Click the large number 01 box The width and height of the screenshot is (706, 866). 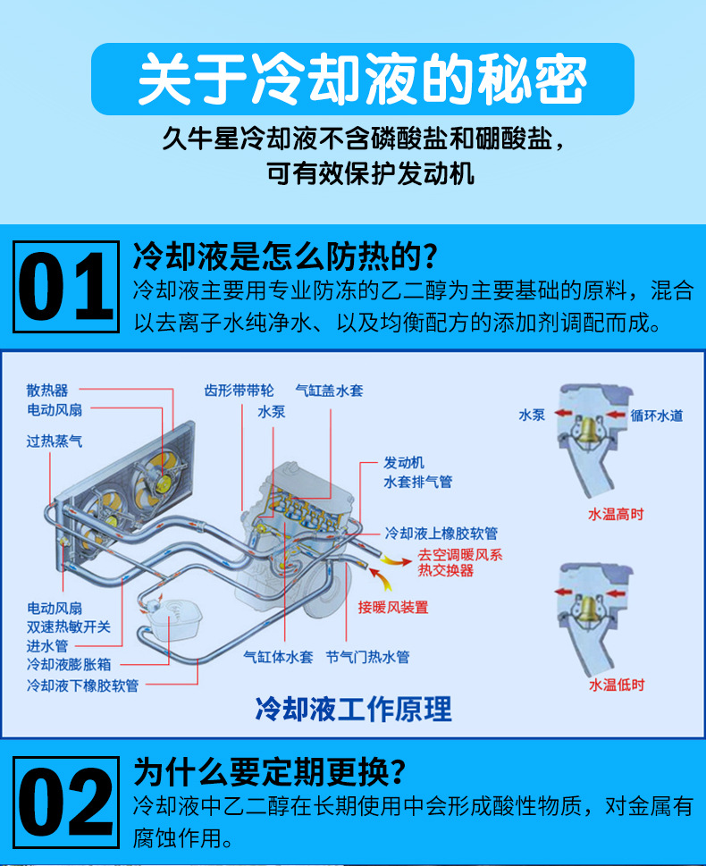(x=66, y=287)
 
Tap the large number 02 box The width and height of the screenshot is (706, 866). (x=66, y=802)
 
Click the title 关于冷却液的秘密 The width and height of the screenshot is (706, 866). (x=363, y=79)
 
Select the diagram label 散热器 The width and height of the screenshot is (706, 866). (x=47, y=391)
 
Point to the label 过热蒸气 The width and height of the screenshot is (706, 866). (x=55, y=441)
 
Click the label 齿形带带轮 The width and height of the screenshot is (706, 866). (x=239, y=391)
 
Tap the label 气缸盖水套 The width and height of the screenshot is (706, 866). (x=329, y=391)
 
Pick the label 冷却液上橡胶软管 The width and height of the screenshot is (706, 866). (x=441, y=533)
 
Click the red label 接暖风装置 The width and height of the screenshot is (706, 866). (x=393, y=607)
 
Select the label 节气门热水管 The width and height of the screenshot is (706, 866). (x=367, y=657)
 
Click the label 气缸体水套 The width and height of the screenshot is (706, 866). (x=278, y=657)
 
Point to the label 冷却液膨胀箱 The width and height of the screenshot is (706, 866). (x=69, y=664)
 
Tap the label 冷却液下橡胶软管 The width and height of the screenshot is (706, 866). (x=82, y=685)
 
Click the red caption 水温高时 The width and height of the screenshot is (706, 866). (x=616, y=514)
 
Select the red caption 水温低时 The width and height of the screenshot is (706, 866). (x=617, y=685)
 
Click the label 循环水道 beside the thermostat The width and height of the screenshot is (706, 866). (x=657, y=416)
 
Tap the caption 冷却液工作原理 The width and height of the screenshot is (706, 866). (x=354, y=709)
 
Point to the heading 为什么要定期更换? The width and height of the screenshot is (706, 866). (x=270, y=771)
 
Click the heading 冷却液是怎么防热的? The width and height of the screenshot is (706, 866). (x=286, y=256)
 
